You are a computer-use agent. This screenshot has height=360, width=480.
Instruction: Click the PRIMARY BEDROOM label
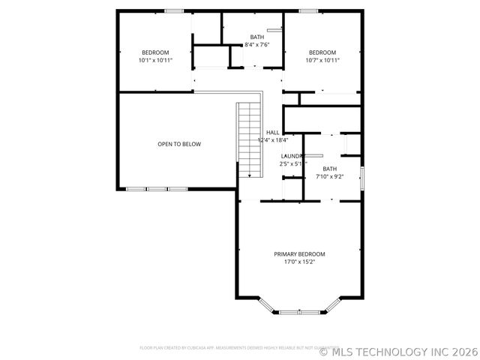click(299, 254)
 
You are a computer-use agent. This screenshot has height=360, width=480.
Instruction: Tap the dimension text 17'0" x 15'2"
click(299, 262)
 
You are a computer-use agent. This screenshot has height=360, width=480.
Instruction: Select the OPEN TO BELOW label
click(178, 144)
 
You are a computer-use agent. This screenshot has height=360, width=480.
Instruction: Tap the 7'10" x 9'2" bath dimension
click(330, 177)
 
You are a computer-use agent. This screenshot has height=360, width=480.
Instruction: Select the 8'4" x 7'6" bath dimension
click(257, 45)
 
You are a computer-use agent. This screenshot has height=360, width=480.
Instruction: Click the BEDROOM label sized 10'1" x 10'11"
click(155, 52)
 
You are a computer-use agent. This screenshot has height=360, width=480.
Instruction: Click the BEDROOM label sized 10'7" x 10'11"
click(322, 52)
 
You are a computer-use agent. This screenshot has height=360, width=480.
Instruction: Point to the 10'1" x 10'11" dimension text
click(155, 60)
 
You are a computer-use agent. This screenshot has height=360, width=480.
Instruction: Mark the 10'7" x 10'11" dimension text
click(322, 60)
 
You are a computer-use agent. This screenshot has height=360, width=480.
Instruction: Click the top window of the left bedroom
click(174, 10)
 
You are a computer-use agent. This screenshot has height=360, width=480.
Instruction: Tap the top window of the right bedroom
click(307, 10)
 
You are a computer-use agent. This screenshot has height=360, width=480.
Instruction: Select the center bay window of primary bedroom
click(299, 311)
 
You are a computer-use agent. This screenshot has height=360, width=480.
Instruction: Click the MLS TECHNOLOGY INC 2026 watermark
click(399, 350)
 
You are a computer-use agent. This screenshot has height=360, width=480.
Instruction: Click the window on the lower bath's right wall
click(361, 178)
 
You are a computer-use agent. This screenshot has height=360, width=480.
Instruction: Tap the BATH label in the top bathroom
click(257, 37)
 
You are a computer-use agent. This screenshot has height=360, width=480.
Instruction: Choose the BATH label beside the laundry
click(330, 169)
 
